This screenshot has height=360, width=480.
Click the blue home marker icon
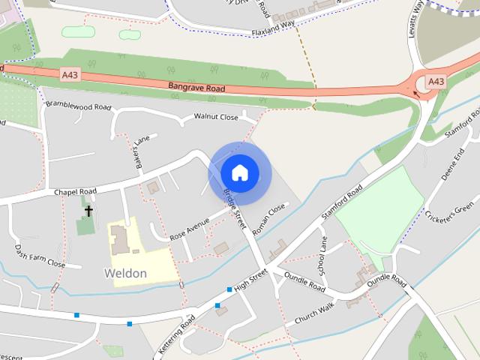(239, 173)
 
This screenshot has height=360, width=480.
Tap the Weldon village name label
(126, 273)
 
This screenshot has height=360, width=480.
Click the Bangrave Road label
(196, 87)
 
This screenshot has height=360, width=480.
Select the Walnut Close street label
(215, 117)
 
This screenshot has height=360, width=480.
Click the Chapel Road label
(75, 192)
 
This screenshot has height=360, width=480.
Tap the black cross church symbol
(88, 211)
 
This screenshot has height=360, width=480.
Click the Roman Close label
(269, 219)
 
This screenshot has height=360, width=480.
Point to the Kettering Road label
(177, 335)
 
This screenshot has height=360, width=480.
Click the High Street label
(250, 282)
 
